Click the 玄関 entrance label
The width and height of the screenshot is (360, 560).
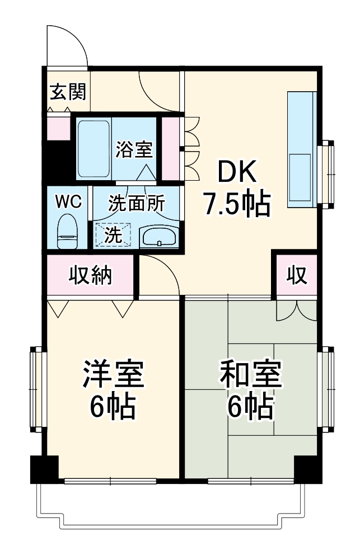pyautogui.click(x=68, y=91)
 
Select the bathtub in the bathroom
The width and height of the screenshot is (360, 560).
pyautogui.click(x=93, y=148)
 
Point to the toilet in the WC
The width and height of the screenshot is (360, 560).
pyautogui.click(x=68, y=230)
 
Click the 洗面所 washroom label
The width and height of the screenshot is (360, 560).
pyautogui.click(x=137, y=203)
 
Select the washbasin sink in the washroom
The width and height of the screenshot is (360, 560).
pyautogui.click(x=159, y=237)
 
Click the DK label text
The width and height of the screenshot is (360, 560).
pyautogui.click(x=236, y=173)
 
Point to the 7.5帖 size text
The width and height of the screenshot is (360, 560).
pyautogui.click(x=236, y=205)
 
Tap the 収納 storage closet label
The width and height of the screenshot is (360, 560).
pyautogui.click(x=91, y=275)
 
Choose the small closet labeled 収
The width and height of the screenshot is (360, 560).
pyautogui.click(x=296, y=274)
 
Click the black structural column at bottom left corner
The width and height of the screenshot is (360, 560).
pyautogui.click(x=44, y=469)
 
